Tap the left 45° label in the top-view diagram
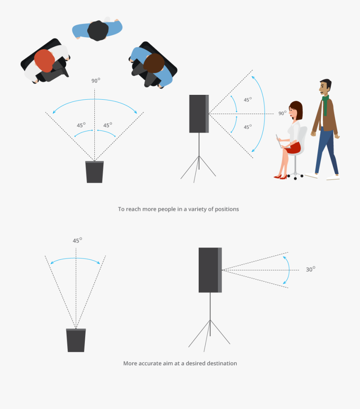pyautogui.click(x=81, y=125)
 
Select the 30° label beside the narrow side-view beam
pyautogui.click(x=310, y=269)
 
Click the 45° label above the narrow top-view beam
pyautogui.click(x=77, y=241)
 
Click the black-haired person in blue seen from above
pyautogui.click(x=97, y=30)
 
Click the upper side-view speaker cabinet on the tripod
pyautogui.click(x=199, y=114)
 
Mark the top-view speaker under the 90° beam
pyautogui.click(x=95, y=172)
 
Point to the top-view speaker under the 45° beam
pyautogui.click(x=76, y=340)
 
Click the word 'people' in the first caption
pyautogui.click(x=167, y=209)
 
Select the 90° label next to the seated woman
pyautogui.click(x=283, y=113)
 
